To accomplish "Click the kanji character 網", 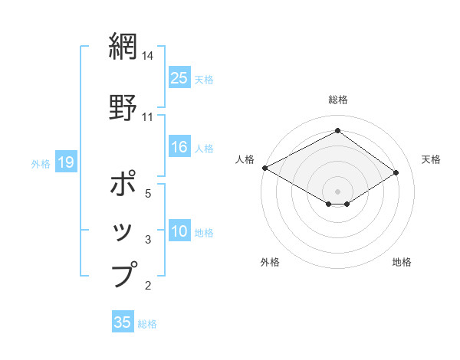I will coord(123,47).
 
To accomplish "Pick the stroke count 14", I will coord(149,56).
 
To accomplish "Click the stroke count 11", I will coord(149,116).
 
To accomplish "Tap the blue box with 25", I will coord(179,78).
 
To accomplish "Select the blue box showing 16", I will coord(179,147).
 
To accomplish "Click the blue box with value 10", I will coord(179,232).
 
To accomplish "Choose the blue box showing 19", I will coord(65,162).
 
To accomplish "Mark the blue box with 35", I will coord(123,322).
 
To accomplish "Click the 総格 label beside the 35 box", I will coord(148,324).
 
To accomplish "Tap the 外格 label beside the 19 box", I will coord(41,163).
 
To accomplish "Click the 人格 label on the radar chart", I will coord(245,159).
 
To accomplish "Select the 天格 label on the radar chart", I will coord(432,159).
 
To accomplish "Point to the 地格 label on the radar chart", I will coord(402,262).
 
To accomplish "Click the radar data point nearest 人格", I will coord(264,168).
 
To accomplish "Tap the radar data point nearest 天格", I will coord(396,174).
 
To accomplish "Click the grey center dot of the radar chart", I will coord(337,191).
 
